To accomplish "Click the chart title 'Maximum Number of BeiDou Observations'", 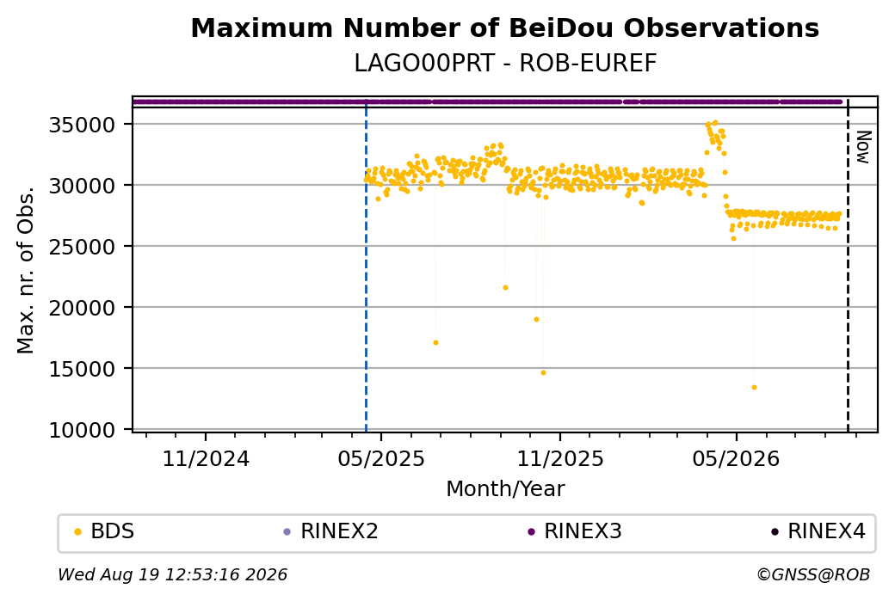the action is click(x=504, y=28).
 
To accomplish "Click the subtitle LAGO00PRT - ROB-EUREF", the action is click(x=505, y=64).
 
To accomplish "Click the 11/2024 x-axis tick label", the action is click(x=206, y=459).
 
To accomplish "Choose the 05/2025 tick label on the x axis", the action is click(x=381, y=459).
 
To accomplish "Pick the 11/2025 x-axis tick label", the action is click(x=560, y=459).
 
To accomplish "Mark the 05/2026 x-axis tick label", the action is click(x=736, y=459).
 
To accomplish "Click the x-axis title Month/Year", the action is click(x=505, y=489).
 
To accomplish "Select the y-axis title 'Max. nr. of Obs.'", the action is click(x=26, y=270).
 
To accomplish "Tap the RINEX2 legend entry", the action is click(x=331, y=531).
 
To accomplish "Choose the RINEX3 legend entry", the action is click(x=575, y=531).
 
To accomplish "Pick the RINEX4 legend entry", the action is click(x=818, y=531).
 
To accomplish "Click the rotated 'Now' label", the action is click(x=864, y=147).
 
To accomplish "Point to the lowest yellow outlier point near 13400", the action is click(x=754, y=388).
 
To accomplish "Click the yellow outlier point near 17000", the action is click(x=435, y=343).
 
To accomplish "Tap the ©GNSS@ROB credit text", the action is click(x=813, y=574).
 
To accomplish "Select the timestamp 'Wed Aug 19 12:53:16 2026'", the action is click(x=172, y=574).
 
